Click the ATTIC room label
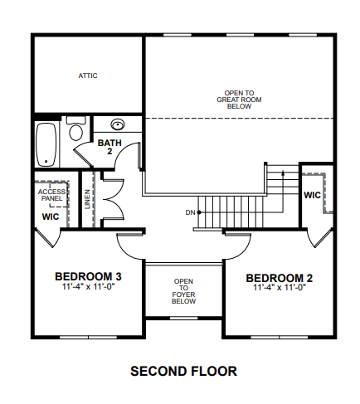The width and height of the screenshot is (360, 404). [x=88, y=75]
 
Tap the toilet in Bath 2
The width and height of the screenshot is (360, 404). [x=75, y=129]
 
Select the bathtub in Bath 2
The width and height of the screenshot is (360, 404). [x=46, y=144]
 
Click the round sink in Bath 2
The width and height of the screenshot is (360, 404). [x=118, y=124]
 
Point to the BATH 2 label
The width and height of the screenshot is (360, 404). [x=109, y=147]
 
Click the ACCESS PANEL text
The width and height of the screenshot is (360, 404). [x=51, y=195]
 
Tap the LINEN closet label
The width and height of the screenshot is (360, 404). [x=87, y=199]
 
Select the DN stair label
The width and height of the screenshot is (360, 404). [x=190, y=212]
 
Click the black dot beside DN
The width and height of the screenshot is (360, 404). [x=199, y=212]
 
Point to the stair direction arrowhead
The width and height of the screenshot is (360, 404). [x=283, y=173]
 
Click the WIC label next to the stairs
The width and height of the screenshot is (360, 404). [x=312, y=195]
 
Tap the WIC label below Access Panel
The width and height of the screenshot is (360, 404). [x=51, y=217]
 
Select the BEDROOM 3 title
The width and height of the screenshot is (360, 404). [x=88, y=276]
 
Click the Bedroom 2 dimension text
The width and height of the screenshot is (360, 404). [x=280, y=288]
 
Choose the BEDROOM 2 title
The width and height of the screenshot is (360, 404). [x=280, y=278]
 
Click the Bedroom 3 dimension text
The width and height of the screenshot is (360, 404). [x=88, y=286]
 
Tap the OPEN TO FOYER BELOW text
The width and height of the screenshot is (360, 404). [x=183, y=291]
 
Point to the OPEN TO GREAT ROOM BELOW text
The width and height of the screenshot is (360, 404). [x=239, y=100]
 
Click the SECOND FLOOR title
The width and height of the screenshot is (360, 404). [x=183, y=371]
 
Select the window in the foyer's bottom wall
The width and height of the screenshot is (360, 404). [x=183, y=319]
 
